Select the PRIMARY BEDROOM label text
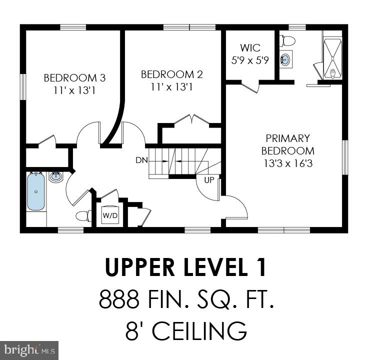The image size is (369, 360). pyautogui.click(x=287, y=144)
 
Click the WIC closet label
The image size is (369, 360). pyautogui.click(x=250, y=48)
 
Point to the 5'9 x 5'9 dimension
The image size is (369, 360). pyautogui.click(x=250, y=61)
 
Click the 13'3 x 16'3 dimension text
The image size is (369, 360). pyautogui.click(x=287, y=163)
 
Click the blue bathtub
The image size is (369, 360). pyautogui.click(x=35, y=191)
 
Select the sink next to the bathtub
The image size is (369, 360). pyautogui.click(x=56, y=177)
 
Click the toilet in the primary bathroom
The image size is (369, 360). pyautogui.click(x=287, y=39)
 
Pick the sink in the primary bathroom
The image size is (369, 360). pyautogui.click(x=285, y=60)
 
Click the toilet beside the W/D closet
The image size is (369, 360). pyautogui.click(x=82, y=216)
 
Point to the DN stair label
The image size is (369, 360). pyautogui.click(x=141, y=160)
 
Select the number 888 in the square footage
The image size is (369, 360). pyautogui.click(x=119, y=300)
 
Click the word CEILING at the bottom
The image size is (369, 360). pyautogui.click(x=198, y=330)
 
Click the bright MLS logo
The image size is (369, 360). pyautogui.click(x=29, y=349)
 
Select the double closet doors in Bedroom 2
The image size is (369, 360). pyautogui.click(x=190, y=120)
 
